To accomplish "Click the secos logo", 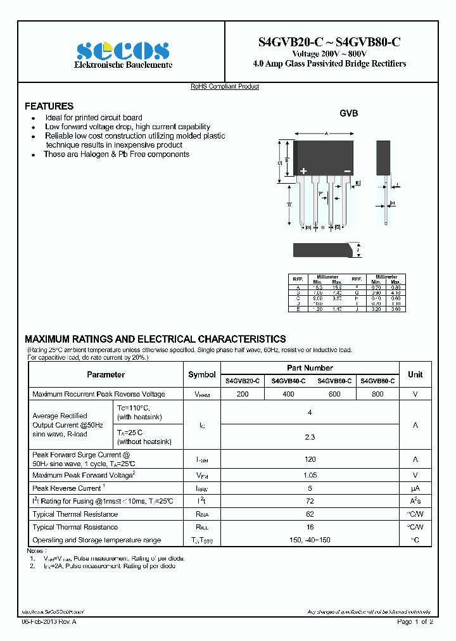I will click(123, 51).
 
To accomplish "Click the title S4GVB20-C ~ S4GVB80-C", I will click(329, 42).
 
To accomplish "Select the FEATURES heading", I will click(49, 106).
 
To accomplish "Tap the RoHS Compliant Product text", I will click(225, 87).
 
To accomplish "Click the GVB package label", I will click(348, 113).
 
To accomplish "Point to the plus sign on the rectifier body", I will click(303, 171).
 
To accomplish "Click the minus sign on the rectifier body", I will click(347, 171).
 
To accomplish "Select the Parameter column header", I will click(106, 374).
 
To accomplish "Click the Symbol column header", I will click(202, 374).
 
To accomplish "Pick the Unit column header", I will click(415, 374).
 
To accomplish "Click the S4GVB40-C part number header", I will click(288, 381).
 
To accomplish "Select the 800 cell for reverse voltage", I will click(377, 394).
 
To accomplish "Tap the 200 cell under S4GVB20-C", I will click(242, 394).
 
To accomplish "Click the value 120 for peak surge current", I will click(310, 460).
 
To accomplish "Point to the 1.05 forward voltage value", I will click(310, 475).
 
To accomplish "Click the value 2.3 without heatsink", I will click(310, 437).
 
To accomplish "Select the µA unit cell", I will click(415, 488).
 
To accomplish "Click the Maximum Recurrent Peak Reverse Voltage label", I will click(99, 394).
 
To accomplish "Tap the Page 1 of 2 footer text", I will click(415, 623).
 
